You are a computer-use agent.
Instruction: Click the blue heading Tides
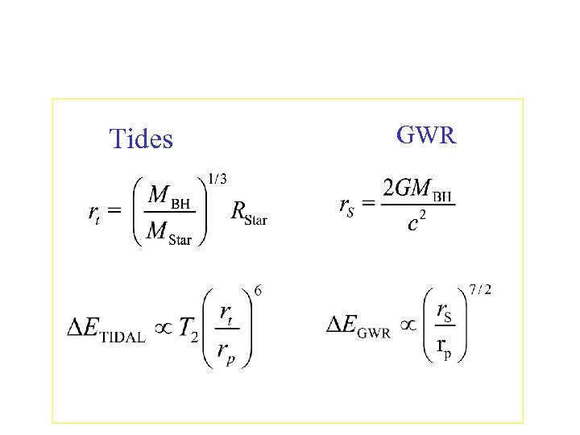pos(141,139)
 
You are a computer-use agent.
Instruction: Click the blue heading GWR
pos(427,135)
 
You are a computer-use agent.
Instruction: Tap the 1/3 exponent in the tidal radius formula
pos(217,179)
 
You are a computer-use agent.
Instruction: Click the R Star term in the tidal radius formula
pos(249,213)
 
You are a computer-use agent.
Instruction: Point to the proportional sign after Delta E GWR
pos(410,325)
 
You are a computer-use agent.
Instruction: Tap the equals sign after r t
pos(114,213)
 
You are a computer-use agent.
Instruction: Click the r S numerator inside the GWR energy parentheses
pos(444,310)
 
